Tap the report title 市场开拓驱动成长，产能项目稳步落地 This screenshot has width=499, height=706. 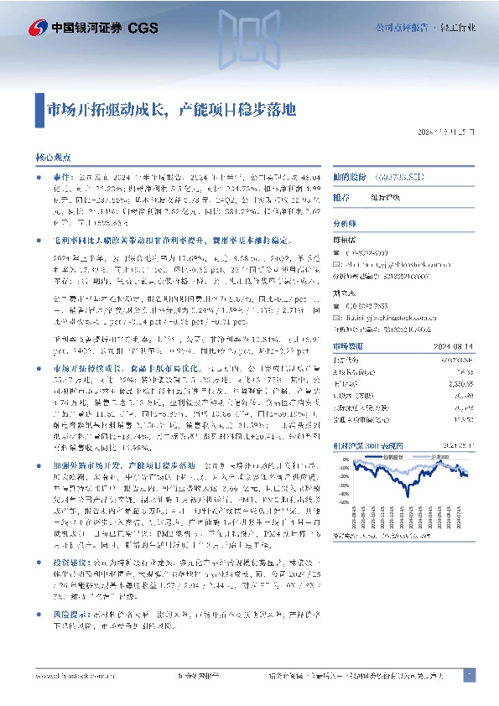click(173, 110)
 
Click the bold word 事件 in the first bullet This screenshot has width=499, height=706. click(62, 179)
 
